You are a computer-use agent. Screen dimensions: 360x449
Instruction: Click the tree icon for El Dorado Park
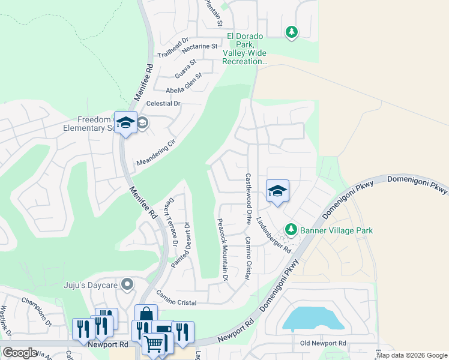[291, 32]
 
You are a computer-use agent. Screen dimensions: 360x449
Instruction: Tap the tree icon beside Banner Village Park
[291, 230]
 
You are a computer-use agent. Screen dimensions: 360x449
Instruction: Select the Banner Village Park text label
[336, 230]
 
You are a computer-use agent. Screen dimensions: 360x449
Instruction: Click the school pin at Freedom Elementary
[125, 123]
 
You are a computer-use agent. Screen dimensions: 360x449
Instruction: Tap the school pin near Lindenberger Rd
[277, 191]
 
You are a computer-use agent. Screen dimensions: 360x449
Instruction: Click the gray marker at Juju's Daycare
[127, 284]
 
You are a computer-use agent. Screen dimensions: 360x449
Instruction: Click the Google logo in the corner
[19, 353]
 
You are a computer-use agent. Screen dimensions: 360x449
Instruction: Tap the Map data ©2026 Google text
[411, 355]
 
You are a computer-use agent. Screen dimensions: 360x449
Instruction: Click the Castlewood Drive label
[248, 198]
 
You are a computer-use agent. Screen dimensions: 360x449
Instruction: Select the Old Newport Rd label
[324, 343]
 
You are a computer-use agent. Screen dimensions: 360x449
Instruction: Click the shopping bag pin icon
[146, 314]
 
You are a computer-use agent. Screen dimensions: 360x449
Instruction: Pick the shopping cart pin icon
[154, 344]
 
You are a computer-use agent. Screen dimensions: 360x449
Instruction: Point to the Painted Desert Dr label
[180, 245]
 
